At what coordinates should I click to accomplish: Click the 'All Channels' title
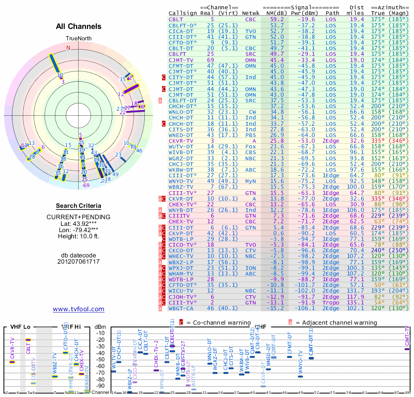(79, 26)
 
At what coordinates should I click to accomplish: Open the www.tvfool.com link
(79, 309)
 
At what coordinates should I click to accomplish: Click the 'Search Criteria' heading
(78, 206)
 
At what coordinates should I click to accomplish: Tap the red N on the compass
(68, 48)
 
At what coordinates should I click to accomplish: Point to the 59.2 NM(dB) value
(277, 19)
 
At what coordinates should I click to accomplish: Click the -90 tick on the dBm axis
(101, 386)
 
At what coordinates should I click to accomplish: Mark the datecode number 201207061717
(79, 261)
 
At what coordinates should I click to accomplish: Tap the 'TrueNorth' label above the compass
(78, 39)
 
